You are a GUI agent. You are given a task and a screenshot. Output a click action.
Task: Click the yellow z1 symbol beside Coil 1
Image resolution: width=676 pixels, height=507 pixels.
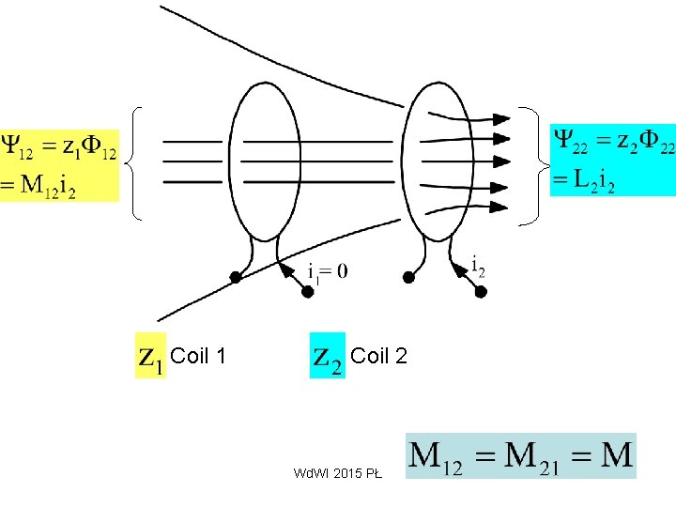150,356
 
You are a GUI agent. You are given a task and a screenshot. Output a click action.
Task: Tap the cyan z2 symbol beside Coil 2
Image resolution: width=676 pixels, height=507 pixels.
328,356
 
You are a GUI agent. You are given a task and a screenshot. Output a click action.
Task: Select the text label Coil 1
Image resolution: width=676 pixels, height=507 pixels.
199,356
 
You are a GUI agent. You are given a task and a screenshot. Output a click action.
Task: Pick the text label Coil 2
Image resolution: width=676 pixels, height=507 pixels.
378,356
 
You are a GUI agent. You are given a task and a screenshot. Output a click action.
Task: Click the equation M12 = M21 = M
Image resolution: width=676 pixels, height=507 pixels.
521,456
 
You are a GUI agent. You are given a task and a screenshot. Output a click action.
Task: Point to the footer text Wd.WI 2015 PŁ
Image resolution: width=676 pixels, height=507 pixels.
337,474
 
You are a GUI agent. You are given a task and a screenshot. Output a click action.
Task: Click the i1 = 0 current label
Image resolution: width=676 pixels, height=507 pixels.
327,272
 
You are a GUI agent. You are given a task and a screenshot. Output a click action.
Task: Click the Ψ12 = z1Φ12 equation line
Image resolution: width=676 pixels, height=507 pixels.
59,148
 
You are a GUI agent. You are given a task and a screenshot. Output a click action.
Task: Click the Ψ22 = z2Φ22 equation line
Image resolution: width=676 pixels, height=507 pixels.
611,141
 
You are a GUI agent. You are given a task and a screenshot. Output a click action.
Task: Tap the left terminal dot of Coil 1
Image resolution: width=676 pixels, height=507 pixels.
236,278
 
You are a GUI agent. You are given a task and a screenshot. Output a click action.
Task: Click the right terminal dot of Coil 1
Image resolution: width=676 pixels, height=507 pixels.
307,292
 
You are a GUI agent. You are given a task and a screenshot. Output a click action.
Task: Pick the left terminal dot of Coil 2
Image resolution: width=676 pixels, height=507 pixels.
408,278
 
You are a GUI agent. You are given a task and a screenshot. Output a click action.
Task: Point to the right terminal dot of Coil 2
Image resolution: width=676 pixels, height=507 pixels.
481,292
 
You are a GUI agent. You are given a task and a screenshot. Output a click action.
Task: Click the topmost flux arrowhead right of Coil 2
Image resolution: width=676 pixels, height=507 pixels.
501,117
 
